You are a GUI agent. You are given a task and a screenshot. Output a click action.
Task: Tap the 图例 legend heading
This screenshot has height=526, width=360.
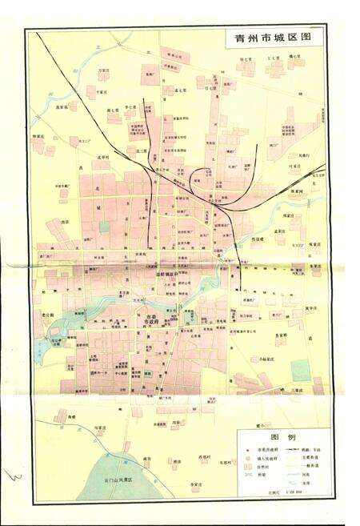(285, 439)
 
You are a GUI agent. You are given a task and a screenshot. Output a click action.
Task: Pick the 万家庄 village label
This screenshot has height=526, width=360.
(102, 71)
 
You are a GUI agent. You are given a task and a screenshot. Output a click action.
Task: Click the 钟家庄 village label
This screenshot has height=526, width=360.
(38, 136)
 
